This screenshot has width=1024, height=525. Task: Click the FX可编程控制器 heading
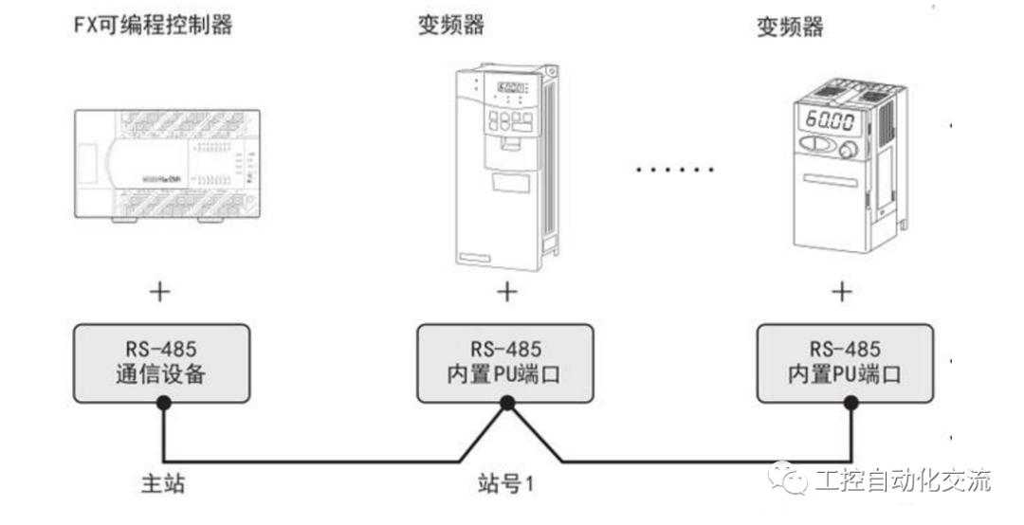(x=153, y=26)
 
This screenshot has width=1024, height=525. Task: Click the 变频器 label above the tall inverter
(x=451, y=26)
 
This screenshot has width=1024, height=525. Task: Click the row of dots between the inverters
(x=674, y=171)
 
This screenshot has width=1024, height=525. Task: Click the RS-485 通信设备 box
(x=162, y=362)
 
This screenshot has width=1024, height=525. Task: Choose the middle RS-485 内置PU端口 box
(x=507, y=362)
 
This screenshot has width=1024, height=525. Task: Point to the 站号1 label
(x=506, y=484)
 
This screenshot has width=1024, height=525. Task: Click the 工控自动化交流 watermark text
(x=901, y=480)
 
